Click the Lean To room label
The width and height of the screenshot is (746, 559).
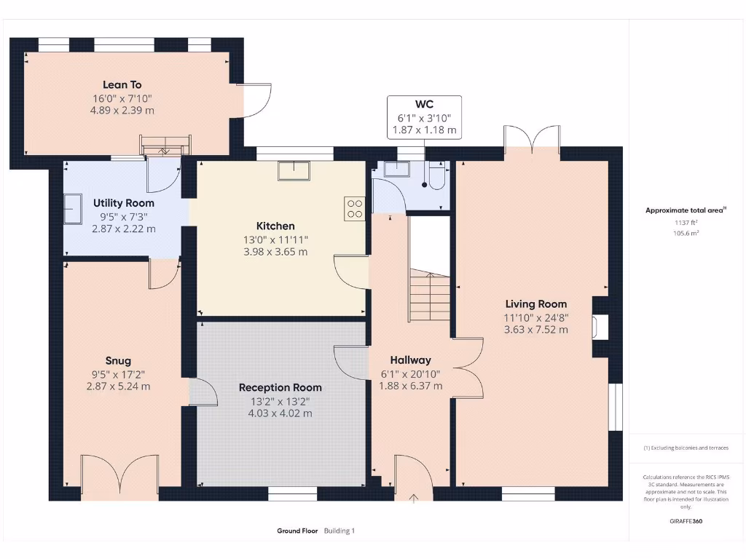coord(122,85)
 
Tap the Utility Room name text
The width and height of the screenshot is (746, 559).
coord(124,203)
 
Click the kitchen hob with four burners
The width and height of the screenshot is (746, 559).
coord(356,209)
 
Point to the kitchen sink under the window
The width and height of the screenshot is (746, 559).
coord(295,170)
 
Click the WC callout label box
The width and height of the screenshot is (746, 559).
coord(424,117)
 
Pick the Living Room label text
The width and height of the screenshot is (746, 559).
coord(535,304)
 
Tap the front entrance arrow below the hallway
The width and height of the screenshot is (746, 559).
coord(414,499)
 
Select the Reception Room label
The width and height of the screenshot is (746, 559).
coord(280,387)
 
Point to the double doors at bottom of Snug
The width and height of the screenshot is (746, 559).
coord(119,477)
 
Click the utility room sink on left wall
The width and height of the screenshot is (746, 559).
coord(73,210)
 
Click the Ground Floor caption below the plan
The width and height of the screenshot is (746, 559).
coord(297,531)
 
